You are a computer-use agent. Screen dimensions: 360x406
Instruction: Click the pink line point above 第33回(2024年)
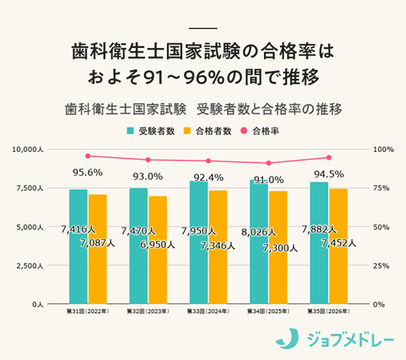(208, 161)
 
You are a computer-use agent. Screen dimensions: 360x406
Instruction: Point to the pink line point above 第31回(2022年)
(88, 156)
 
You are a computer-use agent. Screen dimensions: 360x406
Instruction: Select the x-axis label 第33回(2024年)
(208, 311)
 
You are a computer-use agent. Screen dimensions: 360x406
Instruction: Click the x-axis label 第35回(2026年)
(328, 311)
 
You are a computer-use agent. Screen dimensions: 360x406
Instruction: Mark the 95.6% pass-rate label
(88, 173)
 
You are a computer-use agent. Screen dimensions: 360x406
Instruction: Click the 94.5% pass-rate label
(328, 174)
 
